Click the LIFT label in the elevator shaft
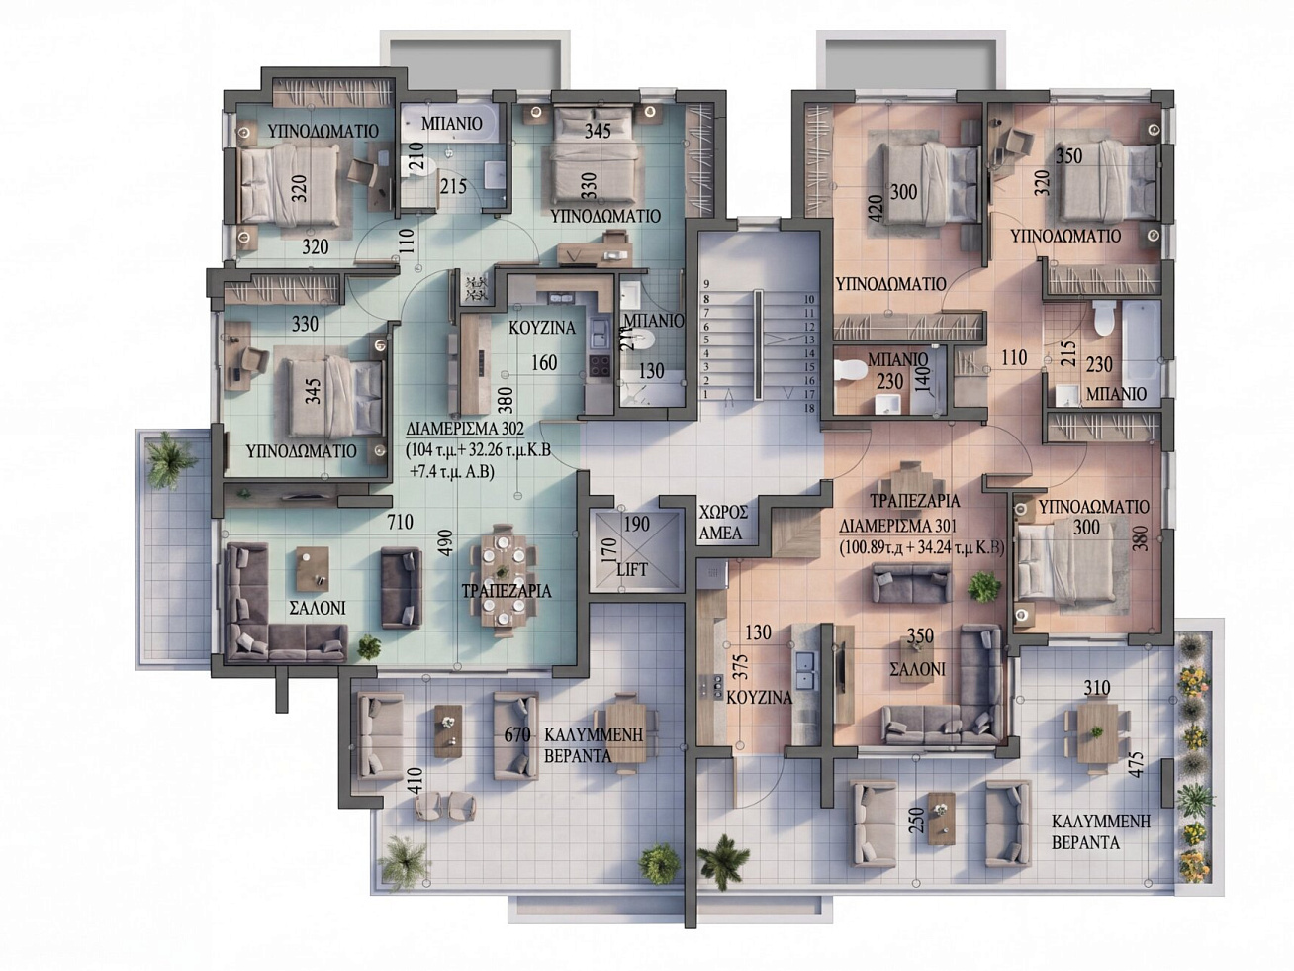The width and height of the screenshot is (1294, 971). coord(632,569)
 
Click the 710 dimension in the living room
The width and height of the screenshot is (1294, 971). coord(400,522)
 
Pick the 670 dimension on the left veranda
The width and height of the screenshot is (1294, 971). coord(517,734)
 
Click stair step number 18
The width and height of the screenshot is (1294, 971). coord(809,408)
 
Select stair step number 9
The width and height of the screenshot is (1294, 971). coord(706,285)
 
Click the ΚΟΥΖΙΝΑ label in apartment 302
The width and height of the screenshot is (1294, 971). coord(542,328)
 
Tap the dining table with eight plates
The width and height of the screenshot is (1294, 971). coord(503,577)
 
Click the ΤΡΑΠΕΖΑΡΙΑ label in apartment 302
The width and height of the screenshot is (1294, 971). coord(507,591)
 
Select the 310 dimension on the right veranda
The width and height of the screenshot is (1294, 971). coord(1096,688)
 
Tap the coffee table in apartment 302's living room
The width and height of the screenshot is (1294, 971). coord(312,569)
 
